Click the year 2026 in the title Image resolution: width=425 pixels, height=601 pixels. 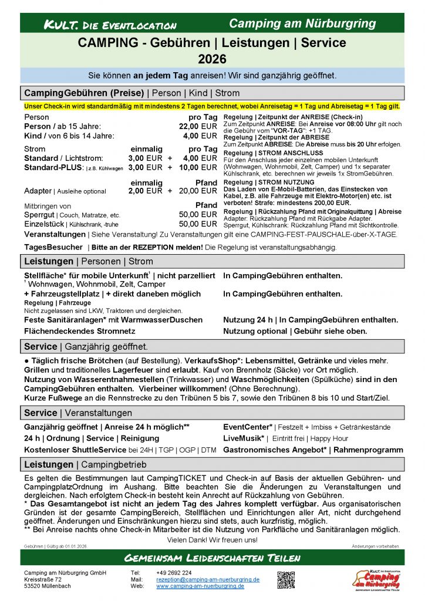tap(212, 59)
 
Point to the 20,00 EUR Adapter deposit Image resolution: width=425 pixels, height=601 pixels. tap(198, 191)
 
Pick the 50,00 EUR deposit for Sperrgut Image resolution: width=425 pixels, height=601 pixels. tap(198, 215)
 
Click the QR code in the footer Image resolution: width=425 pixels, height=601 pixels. tap(286, 579)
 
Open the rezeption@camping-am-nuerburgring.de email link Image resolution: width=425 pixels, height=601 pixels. tap(208, 579)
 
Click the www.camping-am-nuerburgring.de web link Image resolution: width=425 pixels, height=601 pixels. tap(200, 586)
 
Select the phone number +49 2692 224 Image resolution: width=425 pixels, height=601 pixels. tap(174, 573)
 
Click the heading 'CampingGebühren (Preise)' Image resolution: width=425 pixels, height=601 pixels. tap(84, 93)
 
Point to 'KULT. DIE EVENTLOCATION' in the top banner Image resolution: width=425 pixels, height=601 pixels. tap(110, 25)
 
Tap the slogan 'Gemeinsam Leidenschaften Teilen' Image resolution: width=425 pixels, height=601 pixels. tap(212, 558)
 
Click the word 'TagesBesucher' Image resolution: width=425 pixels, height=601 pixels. tap(51, 248)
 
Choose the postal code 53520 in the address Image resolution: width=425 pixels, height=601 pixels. tap(34, 586)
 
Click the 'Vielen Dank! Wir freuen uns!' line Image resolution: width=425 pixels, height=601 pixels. tap(212, 539)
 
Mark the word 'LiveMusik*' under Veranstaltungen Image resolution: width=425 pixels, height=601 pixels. tap(244, 438)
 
